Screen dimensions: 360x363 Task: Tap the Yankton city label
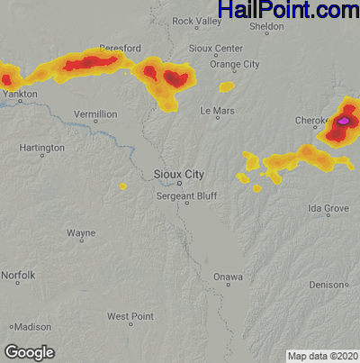point(21,92)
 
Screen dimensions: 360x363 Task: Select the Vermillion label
point(94,114)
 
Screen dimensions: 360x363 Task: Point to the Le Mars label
point(217,111)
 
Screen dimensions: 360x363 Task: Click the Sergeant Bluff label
point(186,195)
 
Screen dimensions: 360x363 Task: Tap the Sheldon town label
point(266,27)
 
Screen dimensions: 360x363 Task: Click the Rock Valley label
point(196,21)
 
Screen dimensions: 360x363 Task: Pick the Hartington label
point(41,148)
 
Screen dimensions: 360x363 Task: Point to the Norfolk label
point(18,275)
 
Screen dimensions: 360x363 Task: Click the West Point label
point(130,316)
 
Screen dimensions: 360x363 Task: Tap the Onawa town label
point(228,277)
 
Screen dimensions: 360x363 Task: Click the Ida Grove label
point(328,208)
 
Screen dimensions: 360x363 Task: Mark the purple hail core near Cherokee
point(344,119)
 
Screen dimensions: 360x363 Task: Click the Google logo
point(29,351)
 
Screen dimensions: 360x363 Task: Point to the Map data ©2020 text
point(322,355)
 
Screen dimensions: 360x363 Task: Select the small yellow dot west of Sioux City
point(122,186)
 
